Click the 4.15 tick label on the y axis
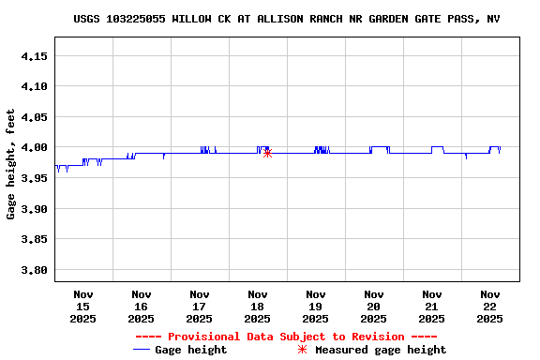tap(35, 56)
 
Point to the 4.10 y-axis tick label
tap(35, 86)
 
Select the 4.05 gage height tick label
tap(35, 117)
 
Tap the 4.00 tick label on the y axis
tap(35, 148)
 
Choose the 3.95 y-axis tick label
tap(35, 178)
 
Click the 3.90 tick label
tap(35, 209)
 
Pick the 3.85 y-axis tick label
tap(35, 240)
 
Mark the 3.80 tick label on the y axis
tap(35, 270)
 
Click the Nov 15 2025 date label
tap(83, 307)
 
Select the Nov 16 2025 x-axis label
tap(142, 307)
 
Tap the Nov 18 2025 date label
tap(258, 307)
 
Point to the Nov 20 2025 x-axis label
tap(374, 307)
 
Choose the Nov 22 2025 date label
tap(490, 307)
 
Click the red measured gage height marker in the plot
tap(267, 152)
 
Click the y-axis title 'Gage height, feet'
tap(11, 164)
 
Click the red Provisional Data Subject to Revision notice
tap(286, 337)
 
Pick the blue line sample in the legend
tap(142, 350)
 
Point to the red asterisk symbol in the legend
tap(302, 350)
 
